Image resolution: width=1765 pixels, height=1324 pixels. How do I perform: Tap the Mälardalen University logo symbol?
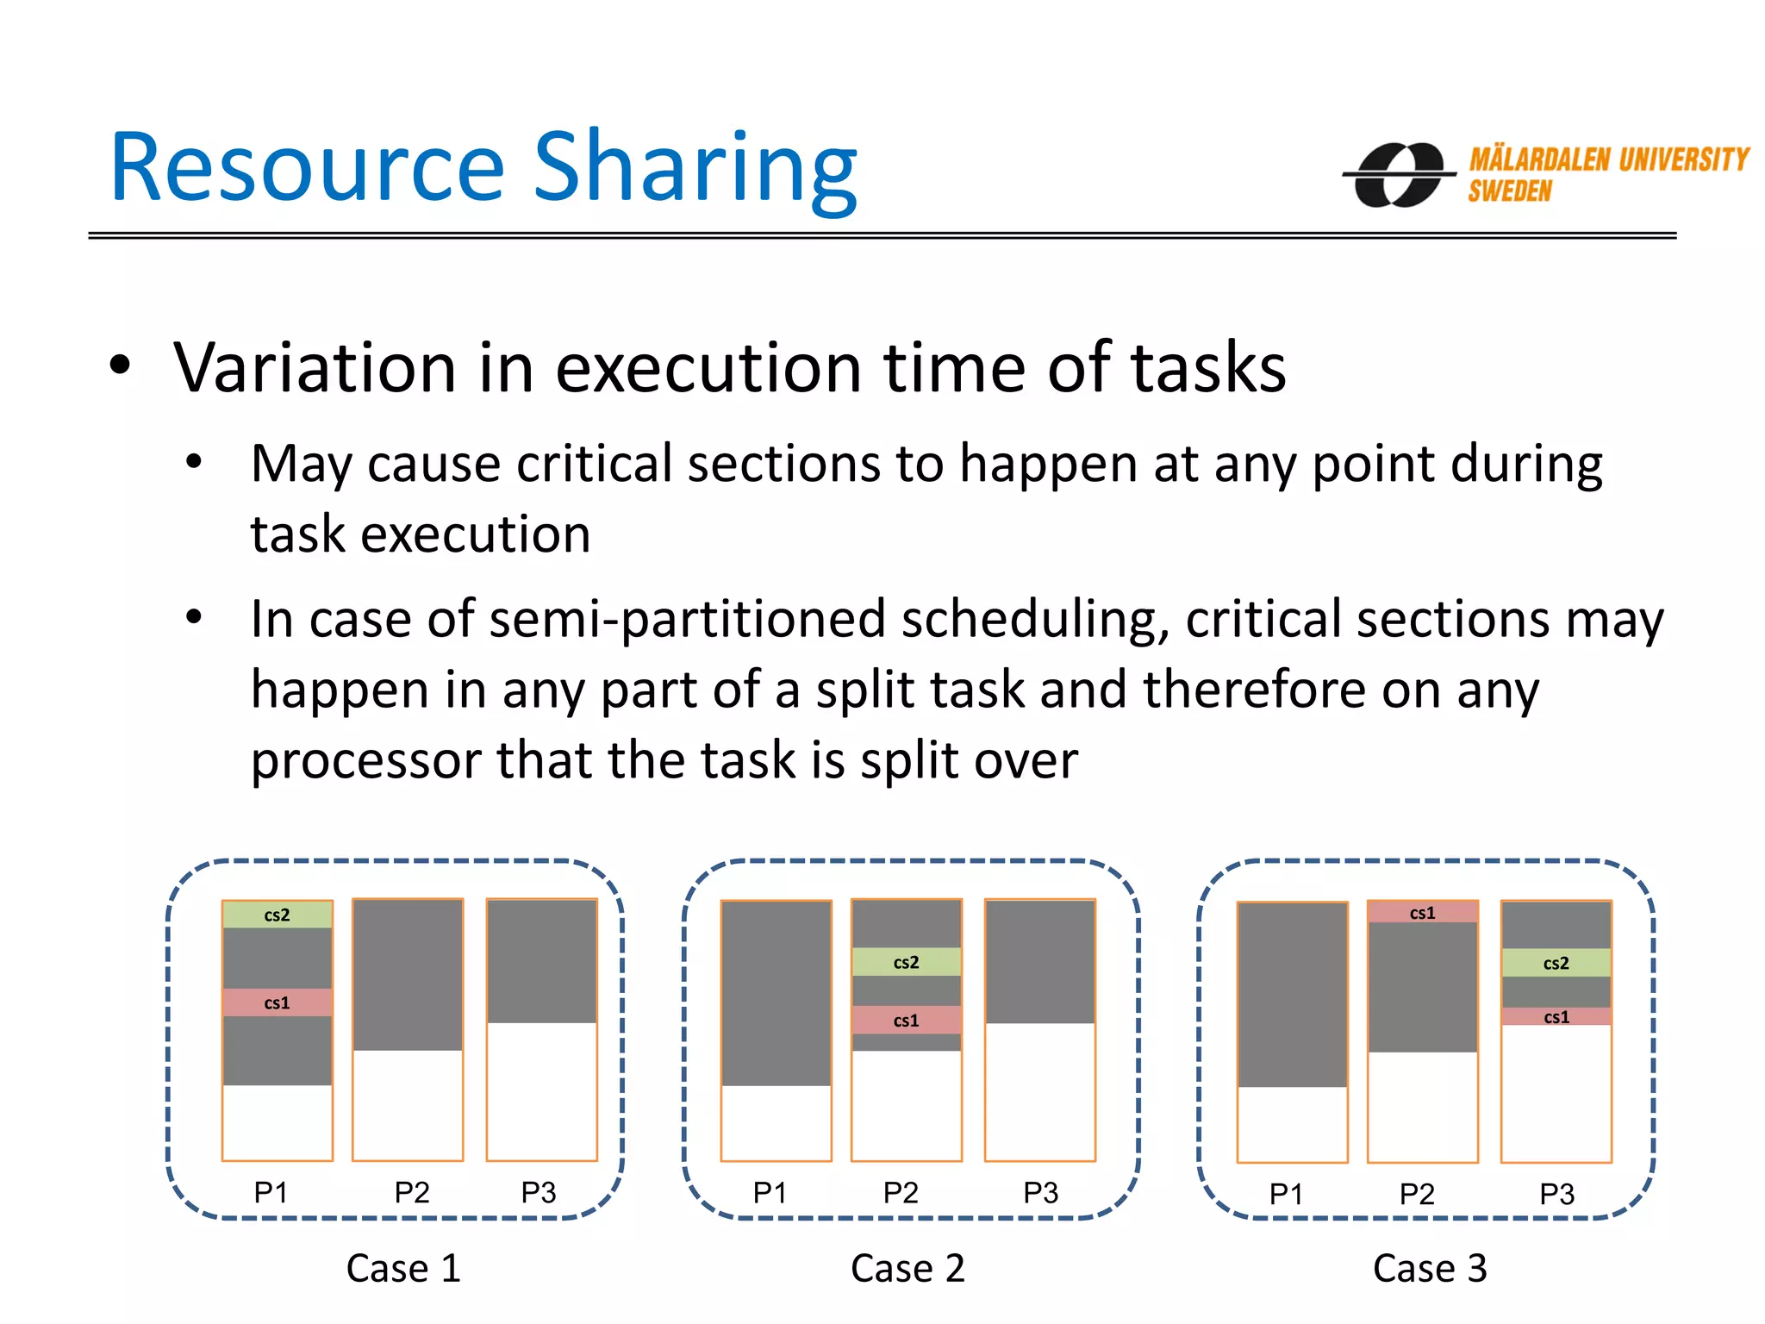pos(1399,175)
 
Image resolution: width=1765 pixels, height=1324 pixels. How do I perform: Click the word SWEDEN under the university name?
pos(1509,191)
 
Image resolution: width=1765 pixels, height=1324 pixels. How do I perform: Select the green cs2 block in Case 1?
pos(277,915)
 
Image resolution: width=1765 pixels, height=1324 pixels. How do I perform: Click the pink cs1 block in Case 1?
pos(277,1002)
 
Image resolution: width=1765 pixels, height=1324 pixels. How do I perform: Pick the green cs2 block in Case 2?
pos(906,962)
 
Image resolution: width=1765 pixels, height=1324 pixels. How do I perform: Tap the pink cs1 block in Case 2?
pos(906,1020)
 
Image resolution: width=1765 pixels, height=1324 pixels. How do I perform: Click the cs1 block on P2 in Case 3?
pos(1422,913)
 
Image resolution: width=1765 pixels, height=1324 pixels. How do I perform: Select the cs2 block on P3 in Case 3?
pos(1556,963)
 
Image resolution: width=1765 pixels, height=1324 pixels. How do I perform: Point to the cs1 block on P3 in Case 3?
pos(1556,1017)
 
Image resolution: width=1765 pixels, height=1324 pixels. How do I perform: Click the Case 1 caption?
pos(403,1268)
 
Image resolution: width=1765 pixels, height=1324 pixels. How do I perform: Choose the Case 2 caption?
pos(907,1268)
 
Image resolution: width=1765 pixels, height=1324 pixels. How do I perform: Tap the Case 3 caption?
pos(1430,1268)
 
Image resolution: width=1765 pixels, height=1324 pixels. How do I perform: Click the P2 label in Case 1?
pos(412,1192)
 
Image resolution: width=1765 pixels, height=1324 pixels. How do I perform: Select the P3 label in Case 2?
pos(1040,1192)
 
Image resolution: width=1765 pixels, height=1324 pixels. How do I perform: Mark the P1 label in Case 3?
pos(1286,1194)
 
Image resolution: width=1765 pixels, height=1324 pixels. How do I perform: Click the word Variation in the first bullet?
pos(315,368)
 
